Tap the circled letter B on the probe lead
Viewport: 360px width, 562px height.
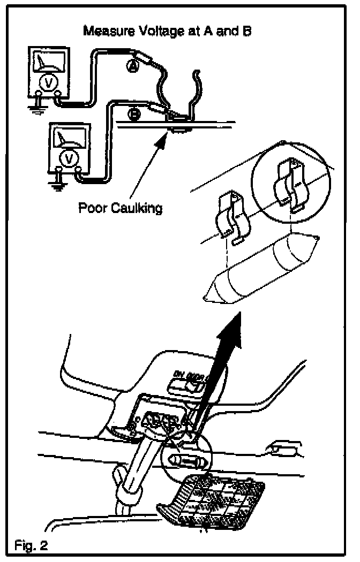click(134, 113)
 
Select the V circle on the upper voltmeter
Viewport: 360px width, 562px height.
click(47, 84)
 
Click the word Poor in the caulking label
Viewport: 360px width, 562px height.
click(91, 208)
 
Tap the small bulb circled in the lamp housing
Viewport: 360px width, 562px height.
click(185, 460)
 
